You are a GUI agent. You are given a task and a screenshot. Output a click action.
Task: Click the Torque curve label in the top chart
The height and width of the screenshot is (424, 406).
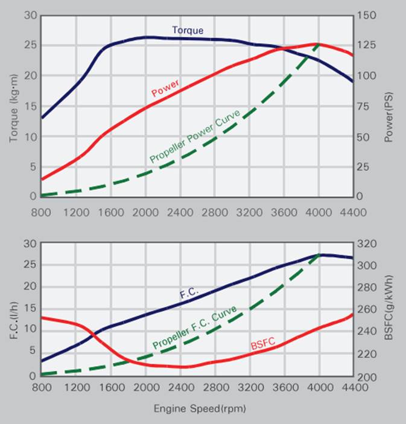[x=188, y=30]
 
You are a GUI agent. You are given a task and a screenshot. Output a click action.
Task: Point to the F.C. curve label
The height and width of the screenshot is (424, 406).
[x=188, y=294]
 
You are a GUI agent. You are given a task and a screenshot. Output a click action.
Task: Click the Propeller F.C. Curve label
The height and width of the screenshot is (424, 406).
[x=194, y=327]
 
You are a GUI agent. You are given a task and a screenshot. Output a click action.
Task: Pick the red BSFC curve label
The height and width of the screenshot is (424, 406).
[x=262, y=344]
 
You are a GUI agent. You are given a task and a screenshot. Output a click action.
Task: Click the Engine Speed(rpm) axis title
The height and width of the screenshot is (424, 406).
[x=200, y=408]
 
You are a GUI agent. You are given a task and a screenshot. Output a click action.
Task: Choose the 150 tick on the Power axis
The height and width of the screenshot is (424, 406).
[x=366, y=15]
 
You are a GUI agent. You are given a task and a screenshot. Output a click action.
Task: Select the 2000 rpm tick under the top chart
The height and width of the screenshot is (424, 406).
[x=146, y=212]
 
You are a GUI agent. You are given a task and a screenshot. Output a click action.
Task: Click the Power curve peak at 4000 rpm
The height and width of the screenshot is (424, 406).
[x=317, y=44]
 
